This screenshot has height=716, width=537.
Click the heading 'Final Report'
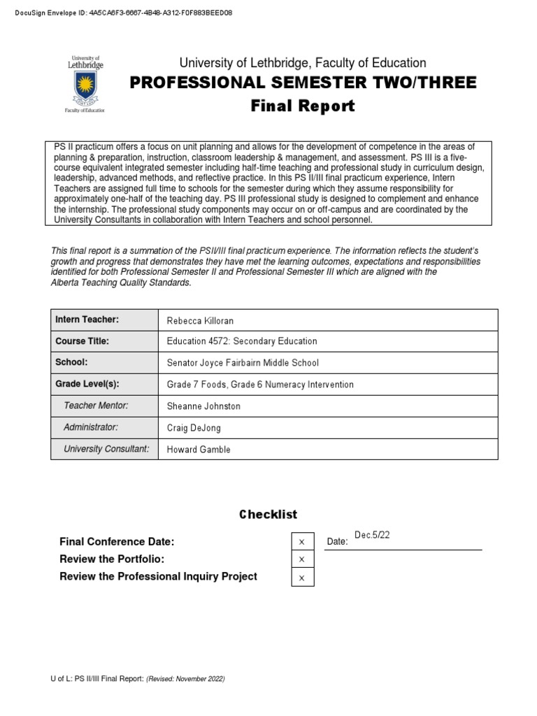click(303, 106)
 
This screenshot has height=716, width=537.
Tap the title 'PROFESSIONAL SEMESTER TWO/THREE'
click(303, 83)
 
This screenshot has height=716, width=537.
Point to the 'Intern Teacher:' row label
click(87, 320)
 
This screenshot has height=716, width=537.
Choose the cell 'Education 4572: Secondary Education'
click(241, 341)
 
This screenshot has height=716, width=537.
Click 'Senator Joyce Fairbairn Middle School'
click(243, 363)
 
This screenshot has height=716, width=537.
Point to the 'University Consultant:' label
click(106, 448)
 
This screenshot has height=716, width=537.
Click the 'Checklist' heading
click(268, 514)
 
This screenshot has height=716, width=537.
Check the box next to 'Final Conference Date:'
click(302, 542)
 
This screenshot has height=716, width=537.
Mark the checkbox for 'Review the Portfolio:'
click(302, 559)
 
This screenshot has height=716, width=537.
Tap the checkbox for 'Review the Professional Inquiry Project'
click(302, 578)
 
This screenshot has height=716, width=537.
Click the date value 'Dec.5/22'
click(372, 535)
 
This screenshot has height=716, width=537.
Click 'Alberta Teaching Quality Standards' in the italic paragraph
click(120, 282)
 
